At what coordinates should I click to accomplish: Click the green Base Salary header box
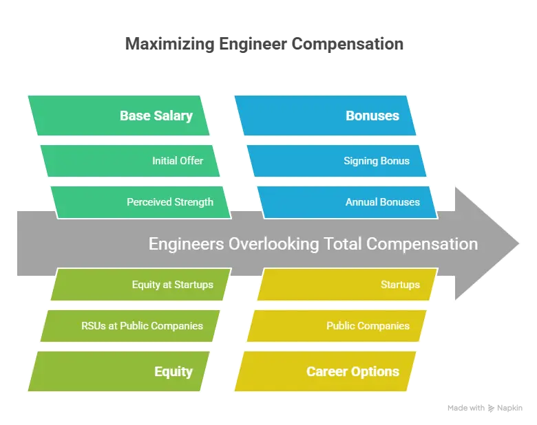pos(118,116)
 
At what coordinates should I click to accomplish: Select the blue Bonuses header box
pos(325,116)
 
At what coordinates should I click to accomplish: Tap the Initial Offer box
pos(130,161)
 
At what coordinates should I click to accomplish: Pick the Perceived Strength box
pos(140,202)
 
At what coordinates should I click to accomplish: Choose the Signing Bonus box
pos(336,161)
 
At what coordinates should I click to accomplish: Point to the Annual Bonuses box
pos(347,202)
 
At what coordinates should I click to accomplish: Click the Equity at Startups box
pos(140,285)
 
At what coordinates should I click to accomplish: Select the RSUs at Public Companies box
pos(130,326)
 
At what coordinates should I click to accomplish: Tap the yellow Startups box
pos(347,285)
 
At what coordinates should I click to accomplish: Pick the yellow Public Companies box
pos(336,326)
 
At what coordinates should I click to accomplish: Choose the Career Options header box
pos(325,371)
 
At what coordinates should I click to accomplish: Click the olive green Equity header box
pos(118,371)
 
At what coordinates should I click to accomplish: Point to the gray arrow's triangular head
pos(487,243)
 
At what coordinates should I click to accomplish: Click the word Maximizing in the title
pos(169,44)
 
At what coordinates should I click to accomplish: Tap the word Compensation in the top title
pos(347,44)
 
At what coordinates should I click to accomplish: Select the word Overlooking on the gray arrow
pos(273,244)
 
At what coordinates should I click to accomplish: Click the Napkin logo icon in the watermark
pos(491,408)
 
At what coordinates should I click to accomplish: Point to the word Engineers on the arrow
pos(186,244)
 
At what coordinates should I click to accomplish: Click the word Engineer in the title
pos(253,44)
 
